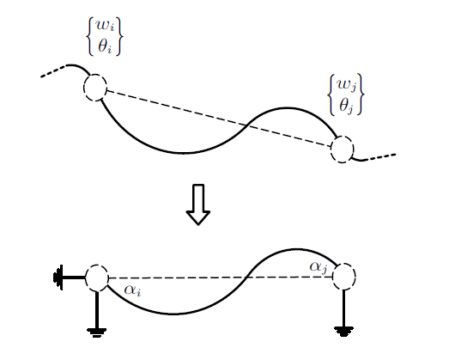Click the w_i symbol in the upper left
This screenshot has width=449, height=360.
[x=105, y=26]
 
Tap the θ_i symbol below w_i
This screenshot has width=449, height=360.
[x=105, y=46]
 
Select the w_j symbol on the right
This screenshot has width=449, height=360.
[x=347, y=85]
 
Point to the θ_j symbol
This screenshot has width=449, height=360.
[x=347, y=106]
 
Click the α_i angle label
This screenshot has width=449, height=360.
[x=132, y=290]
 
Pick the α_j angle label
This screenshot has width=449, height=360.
[x=319, y=268]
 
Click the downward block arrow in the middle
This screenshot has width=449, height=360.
[x=198, y=204]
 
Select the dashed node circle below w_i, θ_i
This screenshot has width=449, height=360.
[x=95, y=88]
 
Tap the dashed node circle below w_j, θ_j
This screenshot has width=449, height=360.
[x=342, y=149]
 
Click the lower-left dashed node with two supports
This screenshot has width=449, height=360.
[x=97, y=278]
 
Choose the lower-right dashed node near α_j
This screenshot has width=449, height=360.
[x=344, y=277]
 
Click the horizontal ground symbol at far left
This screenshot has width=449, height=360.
[x=58, y=278]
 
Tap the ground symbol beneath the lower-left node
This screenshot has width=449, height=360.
[x=97, y=333]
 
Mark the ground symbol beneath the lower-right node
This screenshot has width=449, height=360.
[x=343, y=332]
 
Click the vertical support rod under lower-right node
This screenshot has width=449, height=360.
[x=343, y=308]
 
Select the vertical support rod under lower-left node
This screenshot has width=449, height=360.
[x=97, y=310]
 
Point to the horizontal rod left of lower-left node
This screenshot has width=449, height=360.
[x=74, y=278]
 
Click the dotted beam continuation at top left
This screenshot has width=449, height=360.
[x=54, y=71]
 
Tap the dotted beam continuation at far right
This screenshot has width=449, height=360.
[x=379, y=156]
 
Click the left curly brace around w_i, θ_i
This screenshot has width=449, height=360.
[x=89, y=36]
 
